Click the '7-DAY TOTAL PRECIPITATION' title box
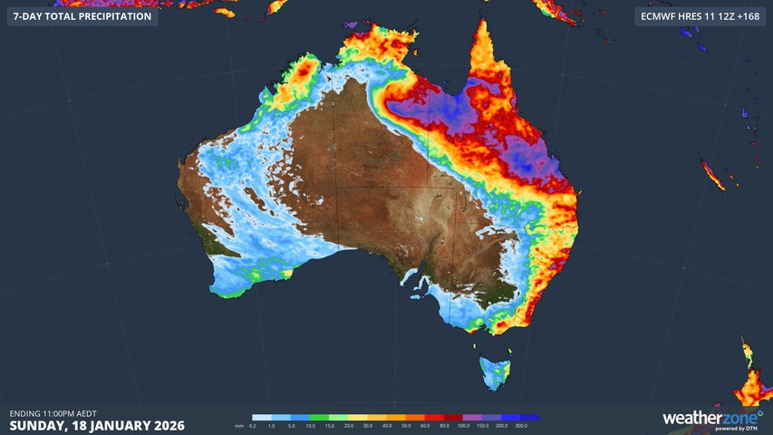82,16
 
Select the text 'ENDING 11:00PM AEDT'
53,413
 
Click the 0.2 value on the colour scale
253,425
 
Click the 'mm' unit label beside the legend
239,425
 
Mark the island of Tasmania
495,372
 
